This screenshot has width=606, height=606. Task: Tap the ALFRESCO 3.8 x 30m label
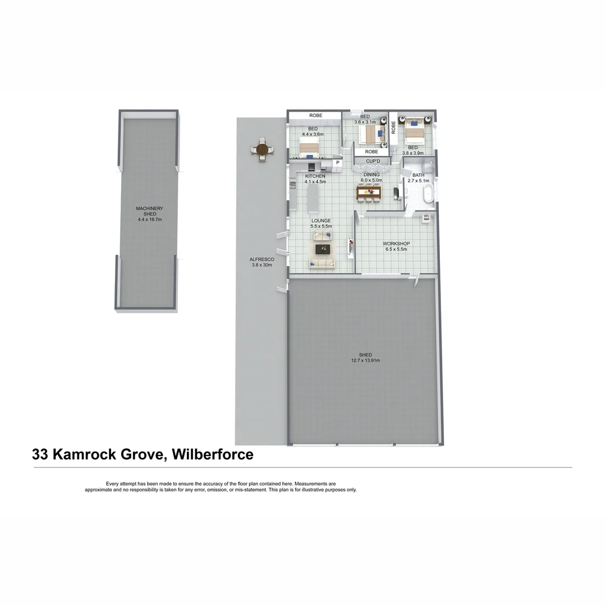(261, 262)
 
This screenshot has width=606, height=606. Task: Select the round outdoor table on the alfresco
(261, 150)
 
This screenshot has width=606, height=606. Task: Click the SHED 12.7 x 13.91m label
(366, 357)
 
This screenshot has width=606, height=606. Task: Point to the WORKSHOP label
(396, 244)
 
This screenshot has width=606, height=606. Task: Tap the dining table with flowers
(369, 192)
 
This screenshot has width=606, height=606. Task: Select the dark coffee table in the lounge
(323, 249)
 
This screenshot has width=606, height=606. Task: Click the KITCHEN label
(315, 176)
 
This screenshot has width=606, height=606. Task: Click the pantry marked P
(337, 163)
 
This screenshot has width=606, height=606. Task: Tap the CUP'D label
(373, 162)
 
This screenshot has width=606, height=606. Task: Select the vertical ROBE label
(394, 127)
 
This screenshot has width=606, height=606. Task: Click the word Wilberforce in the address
(213, 454)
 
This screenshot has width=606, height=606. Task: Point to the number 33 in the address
(40, 454)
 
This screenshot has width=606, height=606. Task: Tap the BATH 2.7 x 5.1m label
(418, 178)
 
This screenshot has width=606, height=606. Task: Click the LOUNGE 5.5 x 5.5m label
(322, 223)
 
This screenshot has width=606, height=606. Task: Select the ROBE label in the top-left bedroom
(316, 116)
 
